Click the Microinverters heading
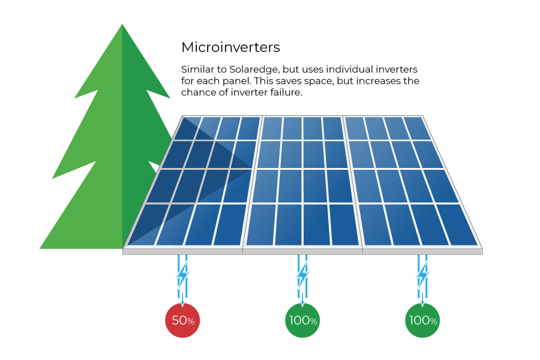pos(230,47)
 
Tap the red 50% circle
pos(182,320)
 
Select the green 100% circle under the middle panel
pos(302,320)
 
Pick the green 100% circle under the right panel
pos(422,320)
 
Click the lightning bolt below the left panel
pos(182,275)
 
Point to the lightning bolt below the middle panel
pos(302,275)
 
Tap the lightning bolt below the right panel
pos(422,275)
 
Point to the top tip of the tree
pos(122,24)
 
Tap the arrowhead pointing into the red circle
pos(182,304)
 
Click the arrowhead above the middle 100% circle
pos(302,304)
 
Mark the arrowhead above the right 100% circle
pos(422,304)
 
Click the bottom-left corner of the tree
pos(40,248)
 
